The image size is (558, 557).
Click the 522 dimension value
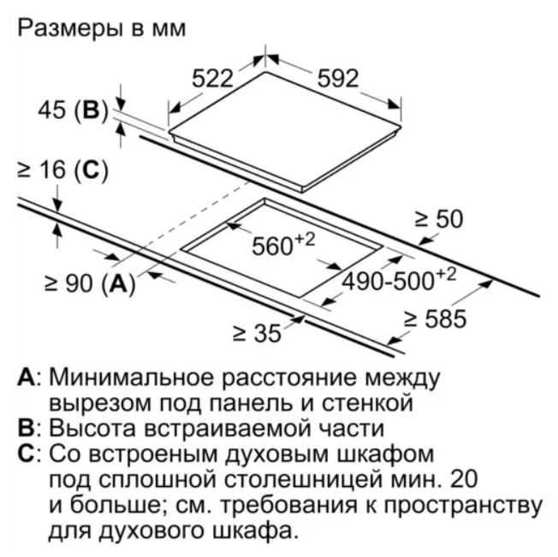(x=212, y=78)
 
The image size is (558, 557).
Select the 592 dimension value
(x=338, y=78)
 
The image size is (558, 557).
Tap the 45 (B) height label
(x=73, y=110)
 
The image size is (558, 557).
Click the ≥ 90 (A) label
(x=90, y=283)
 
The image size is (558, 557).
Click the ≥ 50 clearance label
(x=439, y=219)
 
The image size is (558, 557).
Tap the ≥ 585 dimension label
(x=435, y=318)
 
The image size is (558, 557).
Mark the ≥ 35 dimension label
(x=257, y=334)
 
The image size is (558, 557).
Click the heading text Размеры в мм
(x=102, y=28)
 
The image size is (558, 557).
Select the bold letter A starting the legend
(x=27, y=377)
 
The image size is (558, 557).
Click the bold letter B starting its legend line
(x=26, y=428)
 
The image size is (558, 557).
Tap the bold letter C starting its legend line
(x=26, y=453)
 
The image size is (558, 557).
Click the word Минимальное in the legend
(x=131, y=377)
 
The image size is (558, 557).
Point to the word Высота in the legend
(x=92, y=428)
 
